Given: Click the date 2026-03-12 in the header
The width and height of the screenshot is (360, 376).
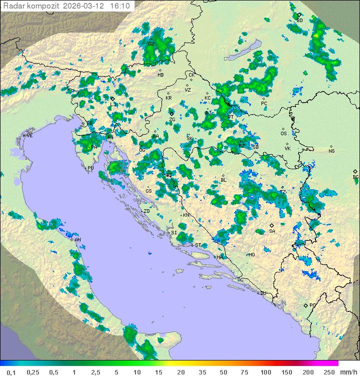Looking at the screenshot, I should coord(84,6).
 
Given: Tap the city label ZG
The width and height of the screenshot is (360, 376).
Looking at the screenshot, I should coord(172,120).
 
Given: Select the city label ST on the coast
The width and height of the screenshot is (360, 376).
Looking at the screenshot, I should coord(198,245).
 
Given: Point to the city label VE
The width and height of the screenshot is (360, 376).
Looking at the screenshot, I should coord(29,136).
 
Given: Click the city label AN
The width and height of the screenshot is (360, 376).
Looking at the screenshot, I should coord(77,240).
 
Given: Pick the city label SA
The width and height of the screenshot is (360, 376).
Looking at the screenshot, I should coord(272,231).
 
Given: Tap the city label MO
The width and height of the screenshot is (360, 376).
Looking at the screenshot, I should coord(252,255).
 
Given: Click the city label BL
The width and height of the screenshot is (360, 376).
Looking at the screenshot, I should coord(223,180).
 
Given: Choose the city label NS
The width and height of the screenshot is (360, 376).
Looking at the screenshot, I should coord(331,151).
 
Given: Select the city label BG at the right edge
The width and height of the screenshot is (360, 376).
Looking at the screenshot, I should coord(355,177).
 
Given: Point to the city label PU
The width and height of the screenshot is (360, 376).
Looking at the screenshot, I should coord(90,169).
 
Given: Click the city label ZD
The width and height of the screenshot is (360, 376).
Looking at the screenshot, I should coord(146,211).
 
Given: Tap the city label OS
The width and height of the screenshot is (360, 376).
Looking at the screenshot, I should coord(283,134).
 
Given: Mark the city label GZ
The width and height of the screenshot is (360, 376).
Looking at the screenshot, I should coord(150,44).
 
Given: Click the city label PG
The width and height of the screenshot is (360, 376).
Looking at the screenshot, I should coord(312,305).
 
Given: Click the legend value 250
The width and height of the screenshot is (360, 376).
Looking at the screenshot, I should coord(329,372).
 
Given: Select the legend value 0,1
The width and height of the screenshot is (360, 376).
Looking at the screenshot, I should coord(11,372).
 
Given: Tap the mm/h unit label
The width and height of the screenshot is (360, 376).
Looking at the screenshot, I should coord(347,372).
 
